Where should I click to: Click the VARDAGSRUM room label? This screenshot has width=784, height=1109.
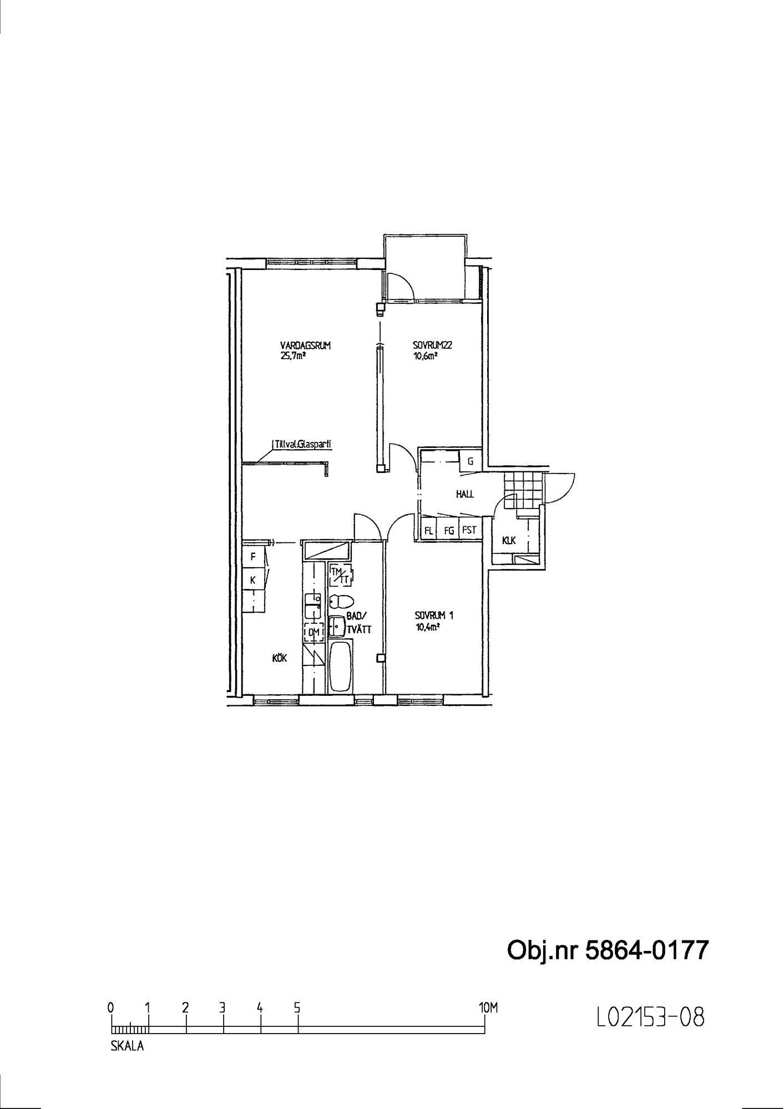306,345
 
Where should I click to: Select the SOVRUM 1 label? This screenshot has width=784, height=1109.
434,615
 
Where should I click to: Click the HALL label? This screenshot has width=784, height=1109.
465,494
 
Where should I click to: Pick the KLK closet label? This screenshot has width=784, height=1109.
509,540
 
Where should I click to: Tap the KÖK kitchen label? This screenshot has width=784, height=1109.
279,658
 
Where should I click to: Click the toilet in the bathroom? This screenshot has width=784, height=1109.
341,602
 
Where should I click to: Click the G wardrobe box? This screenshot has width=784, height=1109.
471,461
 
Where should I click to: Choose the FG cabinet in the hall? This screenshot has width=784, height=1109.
449,530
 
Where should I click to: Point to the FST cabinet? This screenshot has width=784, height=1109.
470,530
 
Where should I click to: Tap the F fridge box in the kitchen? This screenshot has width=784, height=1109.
253,556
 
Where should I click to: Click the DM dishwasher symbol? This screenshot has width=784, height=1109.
313,632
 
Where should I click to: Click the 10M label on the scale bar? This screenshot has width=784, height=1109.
488,1008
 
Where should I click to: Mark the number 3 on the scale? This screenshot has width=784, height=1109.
222,1008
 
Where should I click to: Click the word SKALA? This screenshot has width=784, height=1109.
127,1046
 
